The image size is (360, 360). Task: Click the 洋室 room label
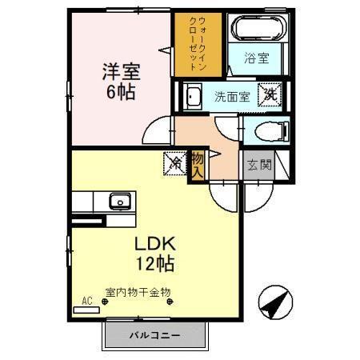click(x=121, y=71)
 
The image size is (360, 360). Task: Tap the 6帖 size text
click(x=121, y=91)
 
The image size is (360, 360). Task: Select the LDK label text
click(x=154, y=242)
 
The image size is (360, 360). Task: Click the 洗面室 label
click(x=230, y=96)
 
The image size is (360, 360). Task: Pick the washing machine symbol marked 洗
click(x=273, y=94)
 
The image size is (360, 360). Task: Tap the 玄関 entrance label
click(x=257, y=166)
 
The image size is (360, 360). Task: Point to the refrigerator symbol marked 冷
click(x=175, y=163)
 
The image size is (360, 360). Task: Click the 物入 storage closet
click(x=197, y=166)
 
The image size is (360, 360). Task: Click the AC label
click(x=87, y=302)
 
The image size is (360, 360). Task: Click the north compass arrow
click(x=274, y=302)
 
